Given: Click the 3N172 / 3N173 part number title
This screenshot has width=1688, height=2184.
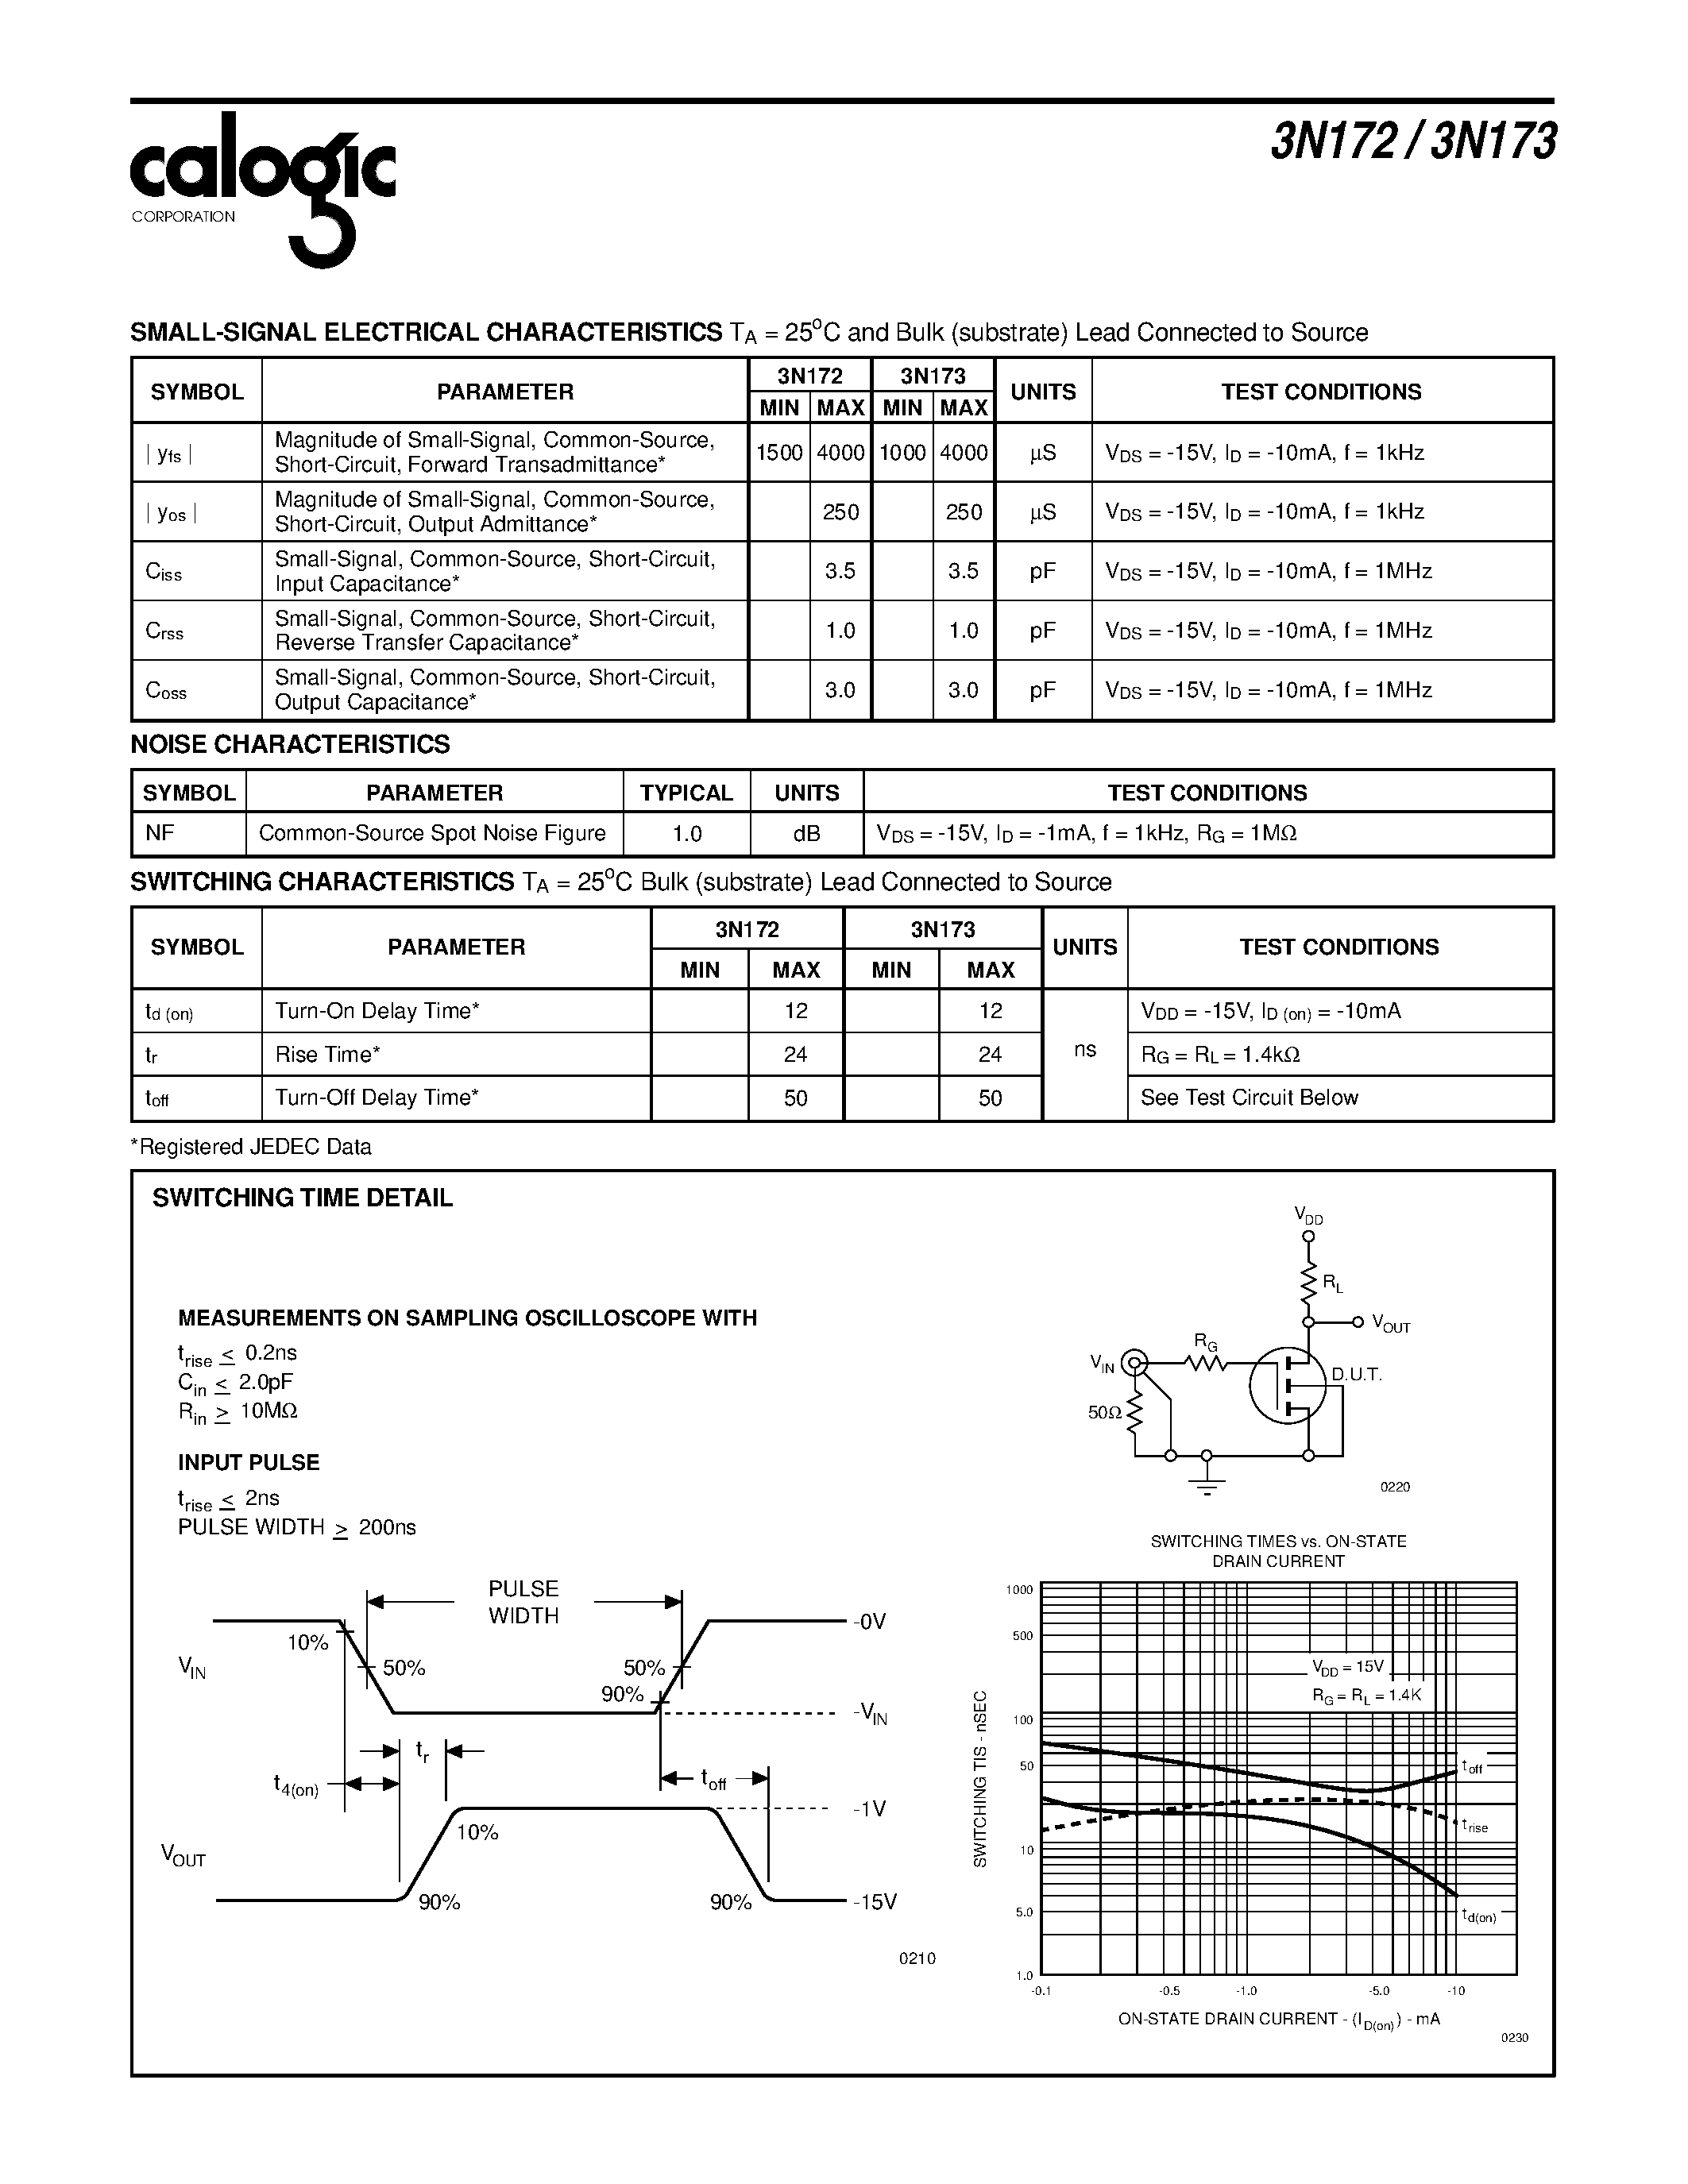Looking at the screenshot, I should click(x=1412, y=142).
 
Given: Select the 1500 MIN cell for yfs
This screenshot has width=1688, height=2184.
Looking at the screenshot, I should click(x=779, y=453).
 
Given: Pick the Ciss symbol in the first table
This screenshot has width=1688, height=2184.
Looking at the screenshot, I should click(x=164, y=572).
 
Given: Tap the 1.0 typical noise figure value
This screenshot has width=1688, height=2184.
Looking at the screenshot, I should click(x=686, y=834).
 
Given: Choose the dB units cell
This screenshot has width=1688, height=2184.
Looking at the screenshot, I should click(x=806, y=834).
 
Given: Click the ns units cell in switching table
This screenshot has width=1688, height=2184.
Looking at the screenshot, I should click(x=1085, y=1050).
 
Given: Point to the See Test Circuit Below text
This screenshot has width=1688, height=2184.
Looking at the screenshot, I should click(x=1249, y=1098).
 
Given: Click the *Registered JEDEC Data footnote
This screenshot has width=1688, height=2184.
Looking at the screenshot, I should click(x=251, y=1147).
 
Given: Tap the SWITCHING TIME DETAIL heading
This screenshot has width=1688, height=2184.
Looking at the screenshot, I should click(x=302, y=1198).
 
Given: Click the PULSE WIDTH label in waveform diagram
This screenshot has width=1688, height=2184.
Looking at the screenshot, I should click(x=523, y=1602).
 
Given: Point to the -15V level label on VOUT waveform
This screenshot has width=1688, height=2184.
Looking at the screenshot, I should click(x=875, y=1902).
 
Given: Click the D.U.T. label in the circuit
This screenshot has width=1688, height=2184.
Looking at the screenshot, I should click(x=1356, y=1375).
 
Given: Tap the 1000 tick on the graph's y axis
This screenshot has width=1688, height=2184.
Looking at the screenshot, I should click(x=1019, y=1590).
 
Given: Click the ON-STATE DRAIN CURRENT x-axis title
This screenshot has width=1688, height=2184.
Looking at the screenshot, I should click(x=1278, y=2020).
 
